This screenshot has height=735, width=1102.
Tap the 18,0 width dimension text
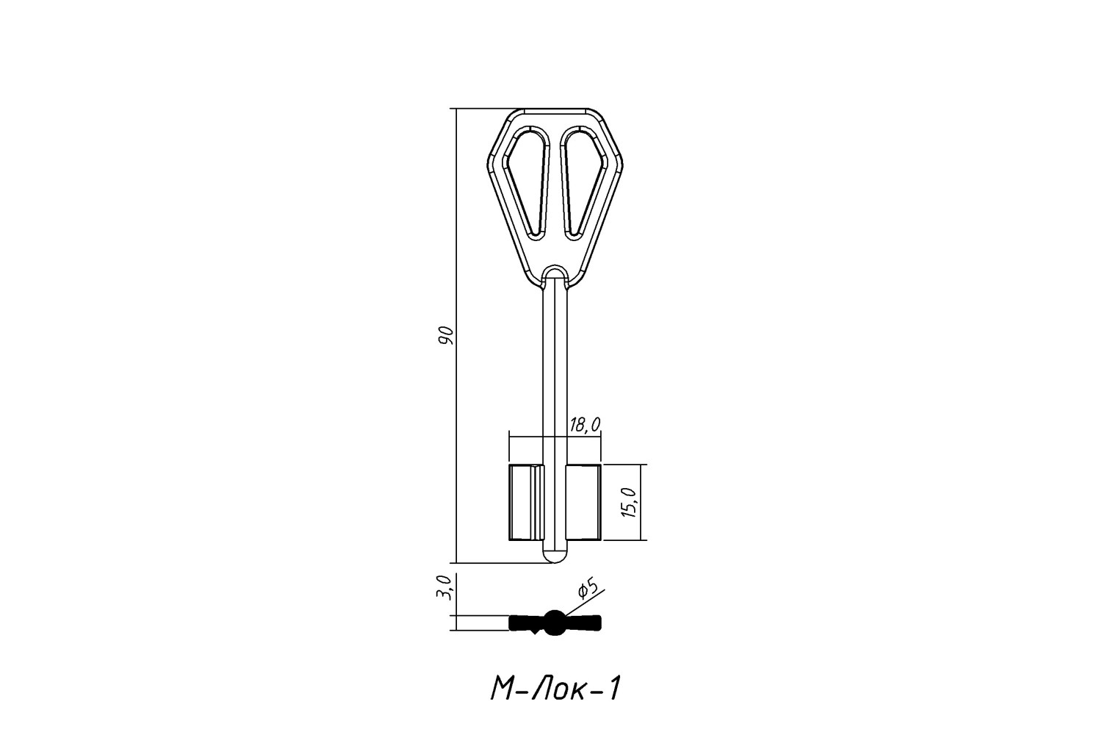585,425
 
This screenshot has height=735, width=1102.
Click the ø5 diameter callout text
588,589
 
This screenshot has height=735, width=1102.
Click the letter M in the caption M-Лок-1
502,689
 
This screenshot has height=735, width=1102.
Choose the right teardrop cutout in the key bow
583,182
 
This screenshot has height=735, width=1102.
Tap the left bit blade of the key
527,502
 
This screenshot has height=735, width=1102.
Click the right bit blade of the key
583,502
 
